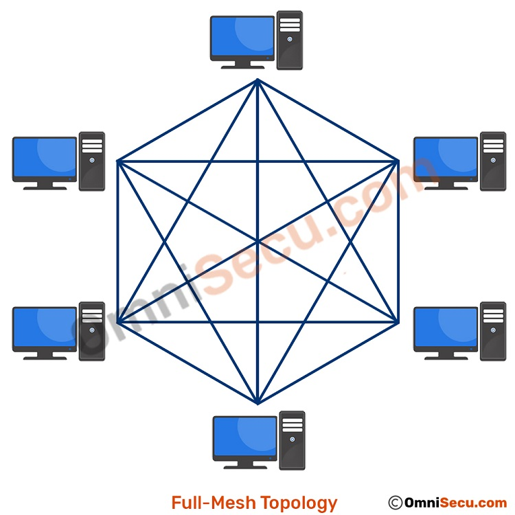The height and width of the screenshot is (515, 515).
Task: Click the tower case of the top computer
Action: coord(290,40)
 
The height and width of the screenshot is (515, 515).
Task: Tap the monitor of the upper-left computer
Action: coord(45,159)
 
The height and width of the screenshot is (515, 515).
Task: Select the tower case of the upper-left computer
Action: coord(92,161)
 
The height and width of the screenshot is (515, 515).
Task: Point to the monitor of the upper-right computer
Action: coord(446,159)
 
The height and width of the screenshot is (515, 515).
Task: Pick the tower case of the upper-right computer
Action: coord(493,161)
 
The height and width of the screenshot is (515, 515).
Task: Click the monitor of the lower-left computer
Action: coord(45,329)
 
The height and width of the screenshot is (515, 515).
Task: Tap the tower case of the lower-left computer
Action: coord(92,331)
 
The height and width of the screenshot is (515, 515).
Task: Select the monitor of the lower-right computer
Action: coord(446,329)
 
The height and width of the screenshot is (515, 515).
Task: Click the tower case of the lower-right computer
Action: coord(493,331)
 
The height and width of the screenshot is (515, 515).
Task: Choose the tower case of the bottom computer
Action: coord(293,440)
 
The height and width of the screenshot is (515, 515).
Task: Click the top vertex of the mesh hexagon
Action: coord(257,80)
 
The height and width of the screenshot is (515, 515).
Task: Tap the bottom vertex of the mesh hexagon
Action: coord(257,403)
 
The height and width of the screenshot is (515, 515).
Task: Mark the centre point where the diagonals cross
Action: coord(257,242)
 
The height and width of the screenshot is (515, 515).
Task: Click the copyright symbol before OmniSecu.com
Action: coord(395,503)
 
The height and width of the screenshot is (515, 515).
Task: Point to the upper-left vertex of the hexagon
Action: coord(118,161)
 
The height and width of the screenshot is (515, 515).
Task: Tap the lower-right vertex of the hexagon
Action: coord(398,322)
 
